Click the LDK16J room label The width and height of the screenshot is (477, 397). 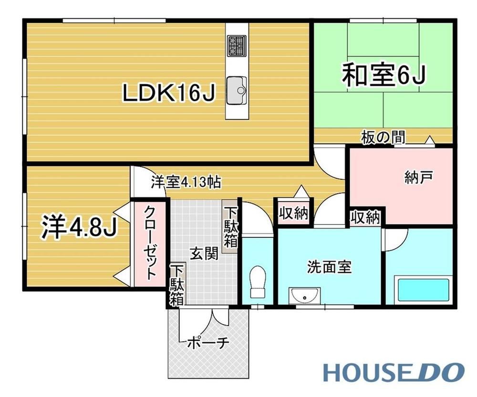click(169, 93)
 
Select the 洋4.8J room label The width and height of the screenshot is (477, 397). click(79, 227)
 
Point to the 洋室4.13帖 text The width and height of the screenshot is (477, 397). click(186, 183)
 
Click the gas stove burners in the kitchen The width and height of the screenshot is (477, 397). click(237, 46)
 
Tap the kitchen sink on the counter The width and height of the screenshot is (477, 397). click(237, 90)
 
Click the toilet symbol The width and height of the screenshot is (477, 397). click(258, 282)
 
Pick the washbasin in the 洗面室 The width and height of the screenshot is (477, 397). click(304, 295)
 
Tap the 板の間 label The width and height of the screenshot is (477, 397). click(384, 137)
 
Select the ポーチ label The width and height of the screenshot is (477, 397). click(208, 343)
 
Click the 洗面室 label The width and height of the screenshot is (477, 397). click(329, 267)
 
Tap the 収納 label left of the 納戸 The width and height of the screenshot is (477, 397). click(293, 214)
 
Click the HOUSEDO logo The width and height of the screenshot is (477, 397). click(394, 372)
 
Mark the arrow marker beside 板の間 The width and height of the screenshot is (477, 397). click(430, 140)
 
